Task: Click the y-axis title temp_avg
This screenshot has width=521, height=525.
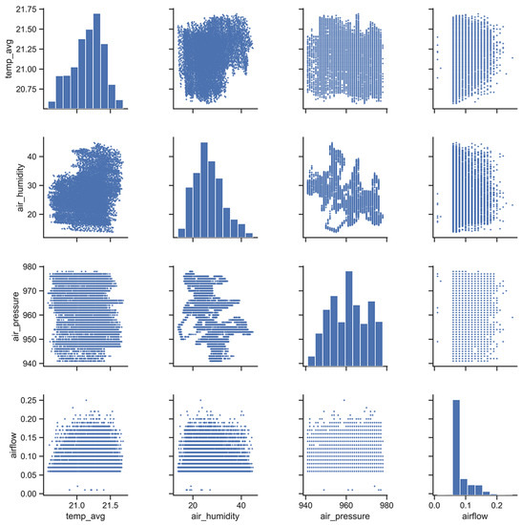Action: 8,58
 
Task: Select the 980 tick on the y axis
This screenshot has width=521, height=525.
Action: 31,268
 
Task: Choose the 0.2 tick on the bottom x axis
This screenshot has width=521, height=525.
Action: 493,504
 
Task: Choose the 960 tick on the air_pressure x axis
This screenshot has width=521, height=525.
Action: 342,504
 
